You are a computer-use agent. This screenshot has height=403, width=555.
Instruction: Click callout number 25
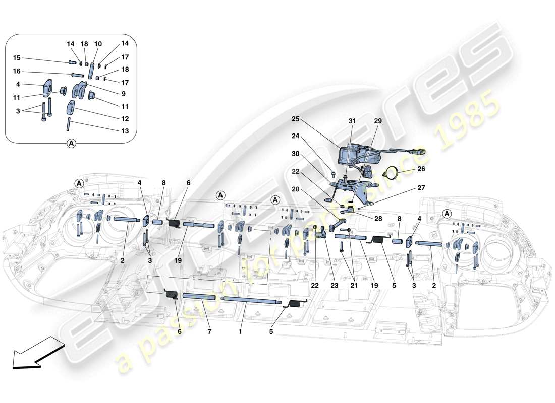tap(295, 119)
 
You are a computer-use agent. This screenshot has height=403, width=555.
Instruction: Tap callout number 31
tap(352, 121)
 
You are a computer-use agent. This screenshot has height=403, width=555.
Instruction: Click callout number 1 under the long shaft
tap(241, 331)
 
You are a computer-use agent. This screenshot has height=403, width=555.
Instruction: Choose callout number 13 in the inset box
tap(125, 131)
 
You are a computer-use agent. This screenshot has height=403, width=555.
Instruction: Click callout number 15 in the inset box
tap(17, 57)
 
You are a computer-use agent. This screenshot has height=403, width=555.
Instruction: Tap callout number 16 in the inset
tap(17, 72)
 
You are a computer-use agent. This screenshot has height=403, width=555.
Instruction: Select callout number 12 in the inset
tap(125, 119)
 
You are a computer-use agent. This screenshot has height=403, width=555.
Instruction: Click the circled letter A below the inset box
tap(71, 144)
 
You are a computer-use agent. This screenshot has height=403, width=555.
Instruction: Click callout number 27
tap(421, 187)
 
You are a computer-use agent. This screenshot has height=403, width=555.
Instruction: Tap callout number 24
tap(296, 136)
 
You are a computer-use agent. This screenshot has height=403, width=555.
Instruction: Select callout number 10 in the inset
tap(98, 44)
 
